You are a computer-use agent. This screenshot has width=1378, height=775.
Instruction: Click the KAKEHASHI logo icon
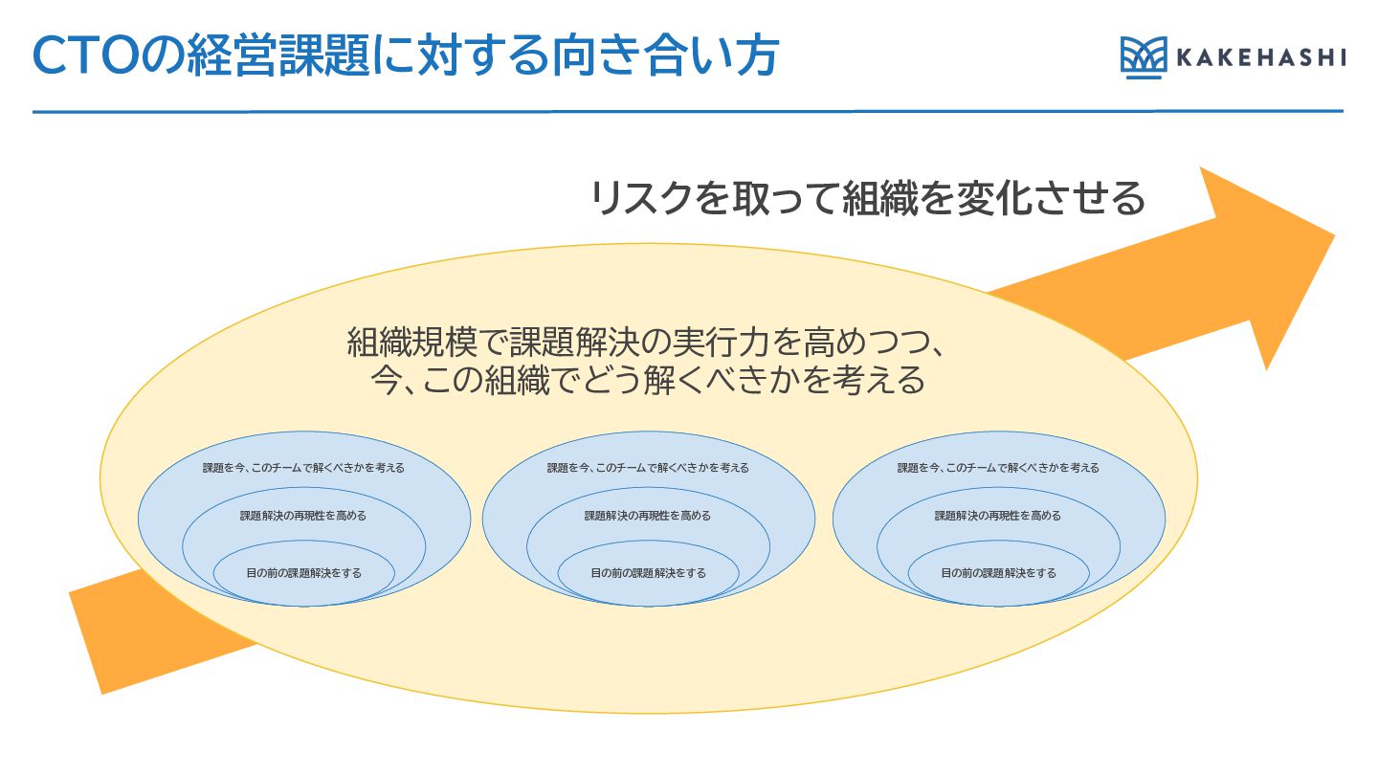click(x=1144, y=57)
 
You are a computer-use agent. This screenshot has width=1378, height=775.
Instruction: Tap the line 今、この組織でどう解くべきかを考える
click(x=648, y=381)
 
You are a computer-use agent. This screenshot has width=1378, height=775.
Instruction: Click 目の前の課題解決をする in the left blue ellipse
click(x=303, y=573)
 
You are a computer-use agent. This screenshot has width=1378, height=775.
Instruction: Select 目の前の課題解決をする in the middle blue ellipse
click(x=648, y=573)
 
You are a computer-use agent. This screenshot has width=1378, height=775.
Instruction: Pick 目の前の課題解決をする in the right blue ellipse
click(x=998, y=573)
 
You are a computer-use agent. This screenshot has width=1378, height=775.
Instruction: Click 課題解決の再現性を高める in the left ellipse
click(x=303, y=516)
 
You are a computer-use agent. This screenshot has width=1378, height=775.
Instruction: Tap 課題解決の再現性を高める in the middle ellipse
click(x=648, y=516)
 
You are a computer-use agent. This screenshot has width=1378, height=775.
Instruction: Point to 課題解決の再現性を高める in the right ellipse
click(x=998, y=516)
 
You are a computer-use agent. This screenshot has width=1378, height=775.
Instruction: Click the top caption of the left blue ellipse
click(x=303, y=468)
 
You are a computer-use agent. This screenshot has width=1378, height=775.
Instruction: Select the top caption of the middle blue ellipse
click(x=648, y=468)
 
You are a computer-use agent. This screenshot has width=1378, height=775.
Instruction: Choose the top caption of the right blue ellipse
click(x=998, y=468)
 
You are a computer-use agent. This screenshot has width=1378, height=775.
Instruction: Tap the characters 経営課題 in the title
click(x=273, y=55)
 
